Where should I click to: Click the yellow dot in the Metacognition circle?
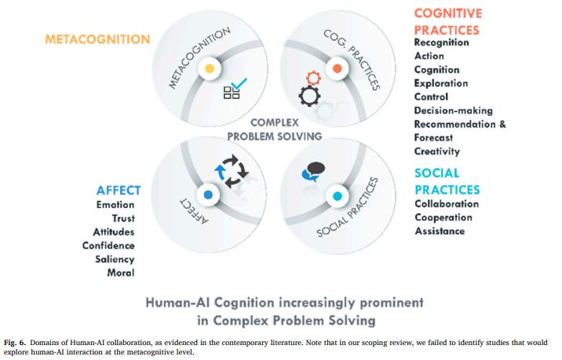click(x=209, y=69)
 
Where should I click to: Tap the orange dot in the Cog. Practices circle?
click(x=336, y=69)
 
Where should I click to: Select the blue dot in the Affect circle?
click(x=209, y=194)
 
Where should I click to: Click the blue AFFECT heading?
click(x=119, y=190)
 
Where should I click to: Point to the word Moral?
click(x=121, y=273)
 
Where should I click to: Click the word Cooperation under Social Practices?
click(x=443, y=217)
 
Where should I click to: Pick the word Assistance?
click(x=440, y=231)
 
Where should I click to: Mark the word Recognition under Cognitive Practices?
click(x=441, y=42)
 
